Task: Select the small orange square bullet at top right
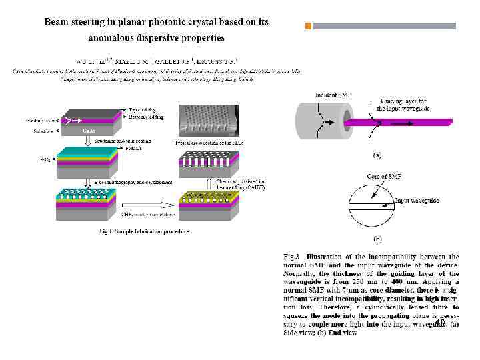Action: tap(308, 27)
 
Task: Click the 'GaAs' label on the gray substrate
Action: tap(89, 131)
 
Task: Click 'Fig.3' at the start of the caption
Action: tap(293, 257)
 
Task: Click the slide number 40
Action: tap(439, 323)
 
